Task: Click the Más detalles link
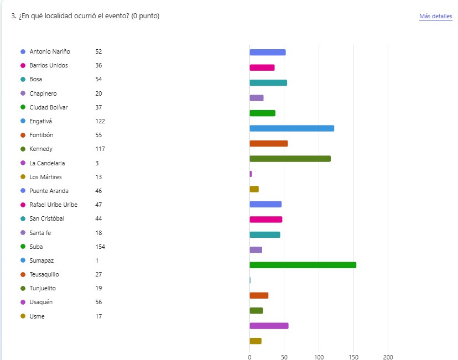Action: tap(435, 17)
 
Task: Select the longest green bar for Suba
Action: tap(303, 265)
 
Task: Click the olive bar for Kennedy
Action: tap(290, 159)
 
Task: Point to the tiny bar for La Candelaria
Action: tap(251, 174)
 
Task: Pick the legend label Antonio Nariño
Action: tap(50, 51)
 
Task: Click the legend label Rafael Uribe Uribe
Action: tap(53, 205)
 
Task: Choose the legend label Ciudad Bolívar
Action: tap(49, 107)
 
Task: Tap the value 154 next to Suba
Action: tap(100, 247)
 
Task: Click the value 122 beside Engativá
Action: tap(100, 121)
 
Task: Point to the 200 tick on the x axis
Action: tap(388, 356)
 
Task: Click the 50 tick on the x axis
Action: tap(284, 356)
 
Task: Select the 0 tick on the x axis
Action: tap(249, 356)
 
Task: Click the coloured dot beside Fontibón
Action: tap(23, 135)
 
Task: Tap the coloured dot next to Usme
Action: tap(23, 316)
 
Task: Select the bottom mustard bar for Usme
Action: tap(255, 341)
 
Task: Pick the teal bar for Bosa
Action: tap(268, 83)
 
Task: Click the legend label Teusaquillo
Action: tap(44, 274)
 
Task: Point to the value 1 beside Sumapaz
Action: tap(96, 260)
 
